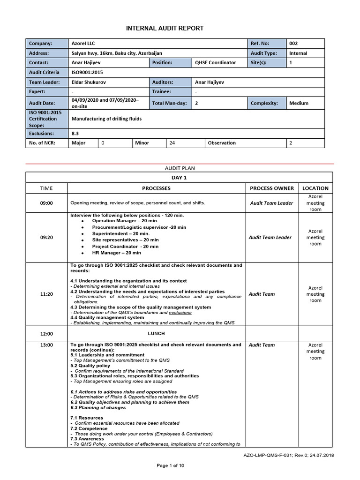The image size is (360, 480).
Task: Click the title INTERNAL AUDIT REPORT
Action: click(x=165, y=28)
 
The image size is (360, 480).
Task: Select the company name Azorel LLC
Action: click(x=83, y=43)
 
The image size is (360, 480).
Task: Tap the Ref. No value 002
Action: click(x=294, y=43)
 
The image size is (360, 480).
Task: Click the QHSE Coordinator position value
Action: click(x=215, y=62)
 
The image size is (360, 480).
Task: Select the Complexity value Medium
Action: click(x=299, y=103)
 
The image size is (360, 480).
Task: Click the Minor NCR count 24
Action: click(x=172, y=142)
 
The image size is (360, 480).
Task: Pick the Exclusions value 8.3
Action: click(x=75, y=134)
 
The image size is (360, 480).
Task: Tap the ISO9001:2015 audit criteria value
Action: click(x=87, y=72)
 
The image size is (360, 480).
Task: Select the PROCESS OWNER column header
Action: click(x=272, y=188)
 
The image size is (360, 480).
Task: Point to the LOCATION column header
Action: click(x=315, y=188)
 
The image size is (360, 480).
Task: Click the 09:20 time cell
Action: click(x=46, y=237)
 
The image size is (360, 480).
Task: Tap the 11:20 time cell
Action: click(x=46, y=294)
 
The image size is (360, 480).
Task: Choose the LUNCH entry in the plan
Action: click(x=156, y=333)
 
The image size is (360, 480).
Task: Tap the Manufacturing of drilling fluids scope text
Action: click(x=106, y=119)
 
